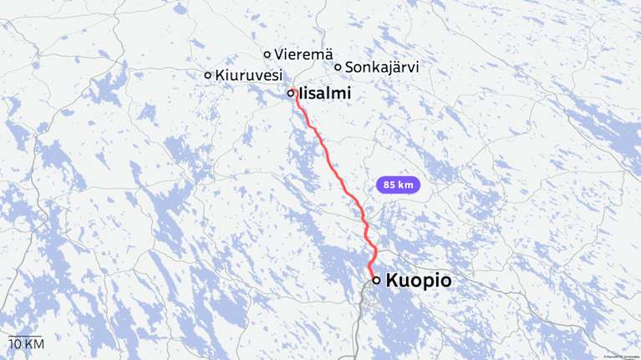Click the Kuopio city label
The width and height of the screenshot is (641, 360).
(419, 281)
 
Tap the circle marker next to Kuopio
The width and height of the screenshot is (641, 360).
(376, 281)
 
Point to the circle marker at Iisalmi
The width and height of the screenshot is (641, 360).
(291, 94)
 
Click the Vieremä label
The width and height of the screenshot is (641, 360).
(298, 54)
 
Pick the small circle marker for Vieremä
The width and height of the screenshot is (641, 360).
(267, 54)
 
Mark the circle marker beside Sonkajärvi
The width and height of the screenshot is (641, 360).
(338, 67)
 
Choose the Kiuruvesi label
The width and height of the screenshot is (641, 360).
(248, 75)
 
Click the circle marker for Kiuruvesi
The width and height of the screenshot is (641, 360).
(208, 75)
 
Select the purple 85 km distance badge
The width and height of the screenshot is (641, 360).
(399, 185)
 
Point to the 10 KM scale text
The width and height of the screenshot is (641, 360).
(26, 344)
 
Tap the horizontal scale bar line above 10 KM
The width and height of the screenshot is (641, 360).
(25, 336)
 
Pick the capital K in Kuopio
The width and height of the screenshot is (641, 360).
(393, 281)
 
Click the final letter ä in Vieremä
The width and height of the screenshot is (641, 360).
(317, 54)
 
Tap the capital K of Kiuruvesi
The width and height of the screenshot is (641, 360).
(219, 75)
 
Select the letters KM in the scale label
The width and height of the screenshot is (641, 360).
(33, 344)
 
